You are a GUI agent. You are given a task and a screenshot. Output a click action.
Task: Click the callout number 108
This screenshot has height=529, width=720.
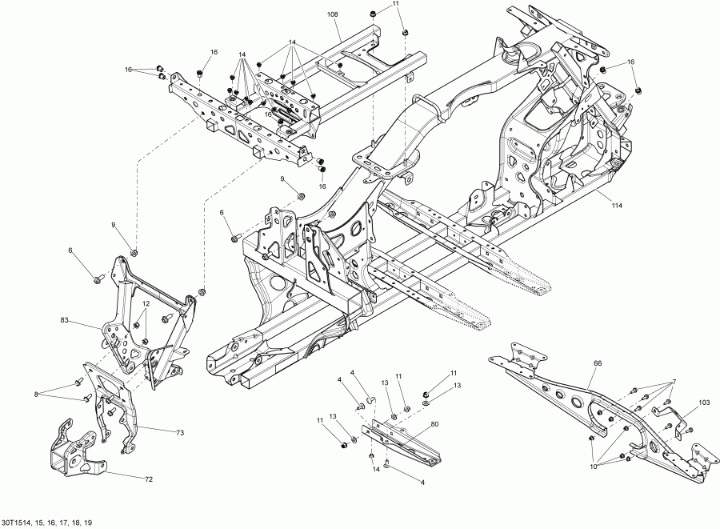tap(333, 15)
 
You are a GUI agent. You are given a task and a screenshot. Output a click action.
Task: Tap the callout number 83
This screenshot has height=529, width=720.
tap(65, 321)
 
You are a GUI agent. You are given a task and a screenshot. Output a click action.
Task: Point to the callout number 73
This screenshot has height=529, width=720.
tap(180, 431)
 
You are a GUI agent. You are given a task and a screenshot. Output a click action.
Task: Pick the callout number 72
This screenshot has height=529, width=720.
tap(148, 479)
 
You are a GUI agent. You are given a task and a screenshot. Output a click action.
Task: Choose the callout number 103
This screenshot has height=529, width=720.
tap(674, 381)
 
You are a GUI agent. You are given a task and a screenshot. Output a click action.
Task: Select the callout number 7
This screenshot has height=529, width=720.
tap(674, 381)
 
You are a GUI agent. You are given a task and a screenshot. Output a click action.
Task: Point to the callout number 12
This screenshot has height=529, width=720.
tap(146, 304)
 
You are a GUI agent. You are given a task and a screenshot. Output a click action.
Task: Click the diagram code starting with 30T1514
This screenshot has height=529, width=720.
tap(47, 523)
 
